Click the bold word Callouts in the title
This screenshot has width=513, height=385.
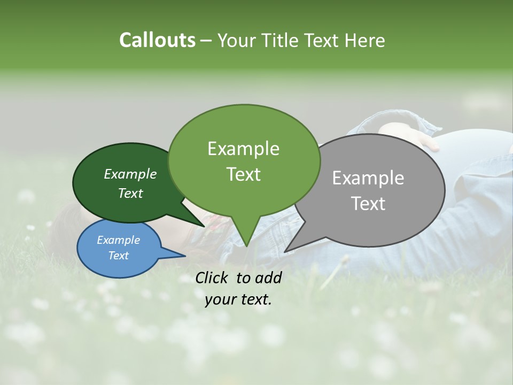tap(157, 40)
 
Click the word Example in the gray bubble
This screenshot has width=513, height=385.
tap(368, 178)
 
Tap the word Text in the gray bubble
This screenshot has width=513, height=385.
tap(368, 204)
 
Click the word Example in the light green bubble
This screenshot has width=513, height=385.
tap(243, 149)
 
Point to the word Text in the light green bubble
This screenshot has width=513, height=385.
tap(243, 174)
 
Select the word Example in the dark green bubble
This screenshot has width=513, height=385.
tap(130, 174)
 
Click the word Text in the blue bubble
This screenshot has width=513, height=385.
tap(118, 256)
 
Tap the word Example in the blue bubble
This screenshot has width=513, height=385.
tap(118, 240)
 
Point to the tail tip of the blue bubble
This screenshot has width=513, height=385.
tap(185, 256)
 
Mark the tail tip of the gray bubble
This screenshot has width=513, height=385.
tap(285, 251)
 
